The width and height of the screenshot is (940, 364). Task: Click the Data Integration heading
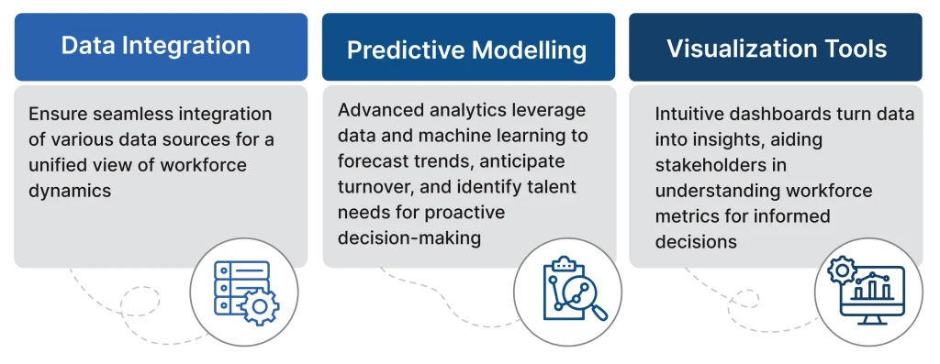155,46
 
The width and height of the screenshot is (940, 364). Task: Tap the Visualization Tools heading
777,49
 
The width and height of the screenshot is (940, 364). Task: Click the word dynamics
70,191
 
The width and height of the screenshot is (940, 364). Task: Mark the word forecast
373,161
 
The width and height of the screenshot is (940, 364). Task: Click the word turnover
373,187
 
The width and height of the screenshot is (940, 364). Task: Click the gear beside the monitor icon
841,271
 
